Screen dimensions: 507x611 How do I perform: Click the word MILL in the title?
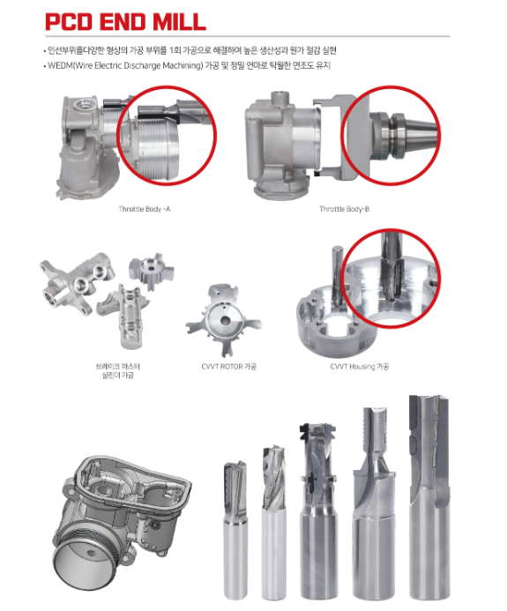(179, 22)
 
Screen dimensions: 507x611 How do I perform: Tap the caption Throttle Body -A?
(145, 209)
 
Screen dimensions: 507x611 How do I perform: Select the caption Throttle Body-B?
(344, 209)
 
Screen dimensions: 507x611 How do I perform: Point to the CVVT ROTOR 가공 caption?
(228, 367)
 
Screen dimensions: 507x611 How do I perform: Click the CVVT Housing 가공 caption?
(359, 367)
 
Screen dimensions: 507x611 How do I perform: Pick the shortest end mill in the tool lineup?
(235, 530)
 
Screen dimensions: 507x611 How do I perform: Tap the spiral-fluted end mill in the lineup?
(274, 523)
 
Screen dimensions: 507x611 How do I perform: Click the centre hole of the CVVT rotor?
(225, 321)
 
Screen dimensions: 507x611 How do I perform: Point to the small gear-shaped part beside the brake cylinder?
(151, 271)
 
